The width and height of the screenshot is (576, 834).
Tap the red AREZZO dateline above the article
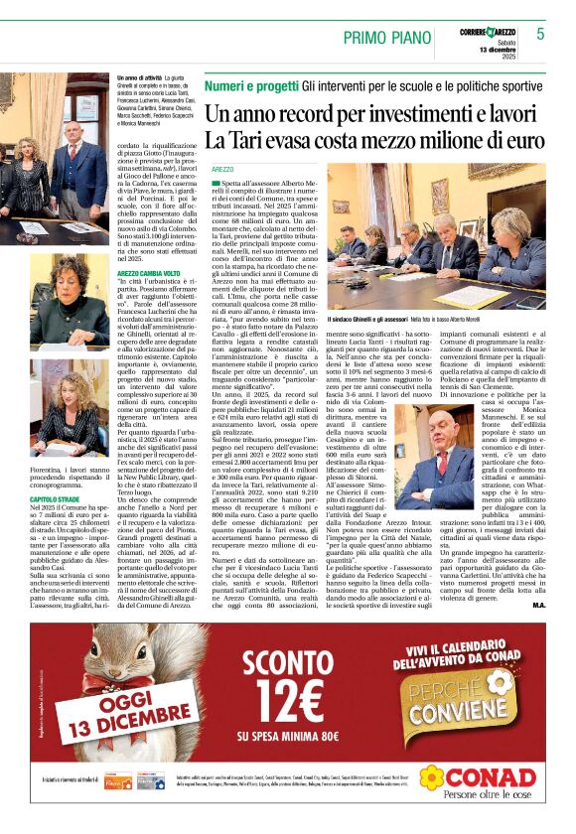tap(222, 170)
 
